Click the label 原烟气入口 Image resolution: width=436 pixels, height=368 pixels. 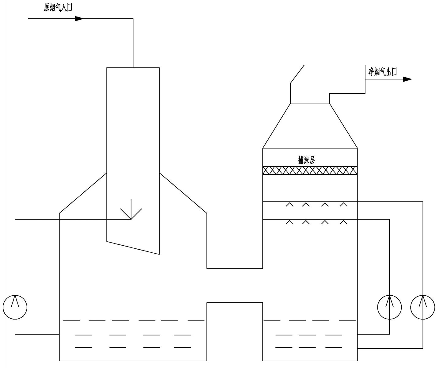click(58, 7)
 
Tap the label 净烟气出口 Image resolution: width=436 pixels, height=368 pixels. click(382, 72)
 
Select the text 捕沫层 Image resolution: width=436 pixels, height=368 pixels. click(306, 160)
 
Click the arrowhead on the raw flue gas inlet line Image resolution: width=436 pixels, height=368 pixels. click(79, 19)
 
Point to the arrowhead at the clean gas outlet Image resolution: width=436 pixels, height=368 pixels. click(407, 79)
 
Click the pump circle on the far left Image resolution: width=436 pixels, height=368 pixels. click(15, 307)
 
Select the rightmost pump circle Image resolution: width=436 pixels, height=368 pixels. click(423, 307)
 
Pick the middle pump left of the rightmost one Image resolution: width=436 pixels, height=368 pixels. click(389, 307)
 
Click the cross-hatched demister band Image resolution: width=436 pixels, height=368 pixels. click(310, 171)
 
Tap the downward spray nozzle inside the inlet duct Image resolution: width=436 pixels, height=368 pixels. click(131, 212)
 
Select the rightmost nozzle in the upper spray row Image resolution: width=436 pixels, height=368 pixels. click(343, 204)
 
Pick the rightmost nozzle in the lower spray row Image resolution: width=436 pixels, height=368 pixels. click(343, 222)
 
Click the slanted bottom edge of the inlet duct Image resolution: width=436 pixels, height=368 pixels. click(133, 248)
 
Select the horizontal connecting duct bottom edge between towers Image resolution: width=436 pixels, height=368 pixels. click(235, 269)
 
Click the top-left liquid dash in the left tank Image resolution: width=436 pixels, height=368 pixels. click(71, 321)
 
